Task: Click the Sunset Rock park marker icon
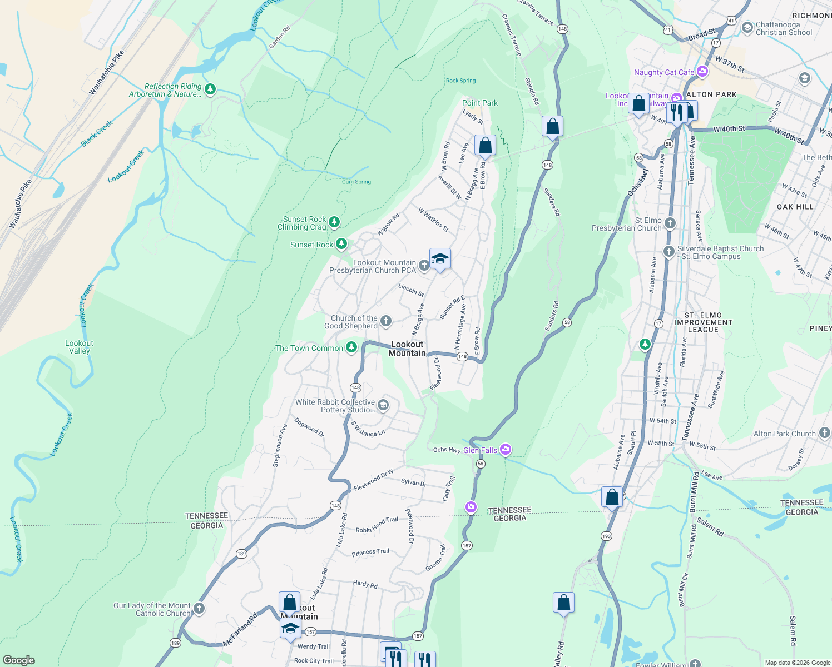[x=341, y=244]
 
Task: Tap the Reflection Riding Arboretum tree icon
[x=210, y=89]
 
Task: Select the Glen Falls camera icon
[x=505, y=449]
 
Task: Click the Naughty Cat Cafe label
[x=664, y=72]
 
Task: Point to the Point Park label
[x=480, y=103]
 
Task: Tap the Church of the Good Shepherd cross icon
[x=385, y=321]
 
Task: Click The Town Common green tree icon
[x=351, y=347]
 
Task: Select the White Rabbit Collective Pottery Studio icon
[x=383, y=405]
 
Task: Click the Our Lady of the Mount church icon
[x=199, y=609]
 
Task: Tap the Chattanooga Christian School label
[x=784, y=28]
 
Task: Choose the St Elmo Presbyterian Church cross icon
[x=670, y=223]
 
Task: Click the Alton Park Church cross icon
[x=824, y=432]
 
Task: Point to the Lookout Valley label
[x=79, y=347]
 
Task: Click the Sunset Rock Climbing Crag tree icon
[x=334, y=222]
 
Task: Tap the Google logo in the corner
[x=18, y=660]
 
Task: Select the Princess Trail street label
[x=370, y=552]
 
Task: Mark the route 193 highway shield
[x=606, y=536]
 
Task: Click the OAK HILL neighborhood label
[x=795, y=207]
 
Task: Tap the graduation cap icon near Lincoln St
[x=440, y=259]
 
